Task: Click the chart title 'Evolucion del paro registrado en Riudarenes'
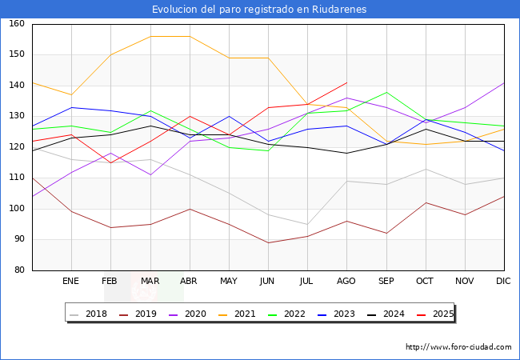click(x=260, y=10)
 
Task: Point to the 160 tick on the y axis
click(x=17, y=24)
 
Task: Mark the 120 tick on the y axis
click(x=17, y=147)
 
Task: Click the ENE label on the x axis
click(x=71, y=282)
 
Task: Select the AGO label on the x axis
click(x=346, y=282)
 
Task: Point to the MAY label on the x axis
click(x=229, y=282)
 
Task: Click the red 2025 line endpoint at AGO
click(x=346, y=82)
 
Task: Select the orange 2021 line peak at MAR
click(x=150, y=36)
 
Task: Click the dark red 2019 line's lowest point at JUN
click(x=268, y=242)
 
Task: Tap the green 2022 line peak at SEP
click(x=386, y=92)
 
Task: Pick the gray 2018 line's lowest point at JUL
click(x=307, y=224)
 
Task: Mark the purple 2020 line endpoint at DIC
click(x=504, y=82)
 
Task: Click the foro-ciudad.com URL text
click(x=458, y=347)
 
